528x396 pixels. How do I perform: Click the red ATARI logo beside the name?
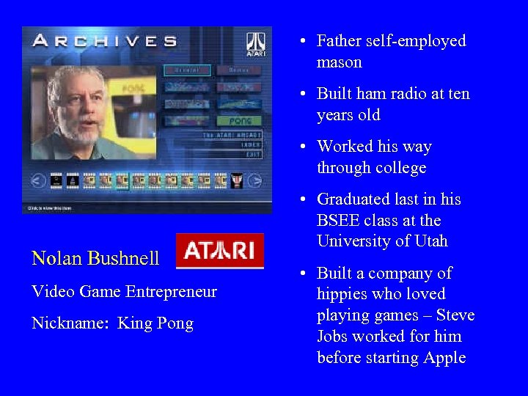click(220, 251)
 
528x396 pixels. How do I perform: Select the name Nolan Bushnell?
click(95, 258)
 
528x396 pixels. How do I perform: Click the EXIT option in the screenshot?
click(254, 155)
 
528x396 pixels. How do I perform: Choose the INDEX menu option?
click(252, 145)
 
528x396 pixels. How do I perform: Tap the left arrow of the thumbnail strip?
click(38, 180)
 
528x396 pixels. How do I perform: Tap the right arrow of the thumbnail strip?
click(254, 180)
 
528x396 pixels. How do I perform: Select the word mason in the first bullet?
click(339, 62)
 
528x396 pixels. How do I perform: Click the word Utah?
click(429, 241)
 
